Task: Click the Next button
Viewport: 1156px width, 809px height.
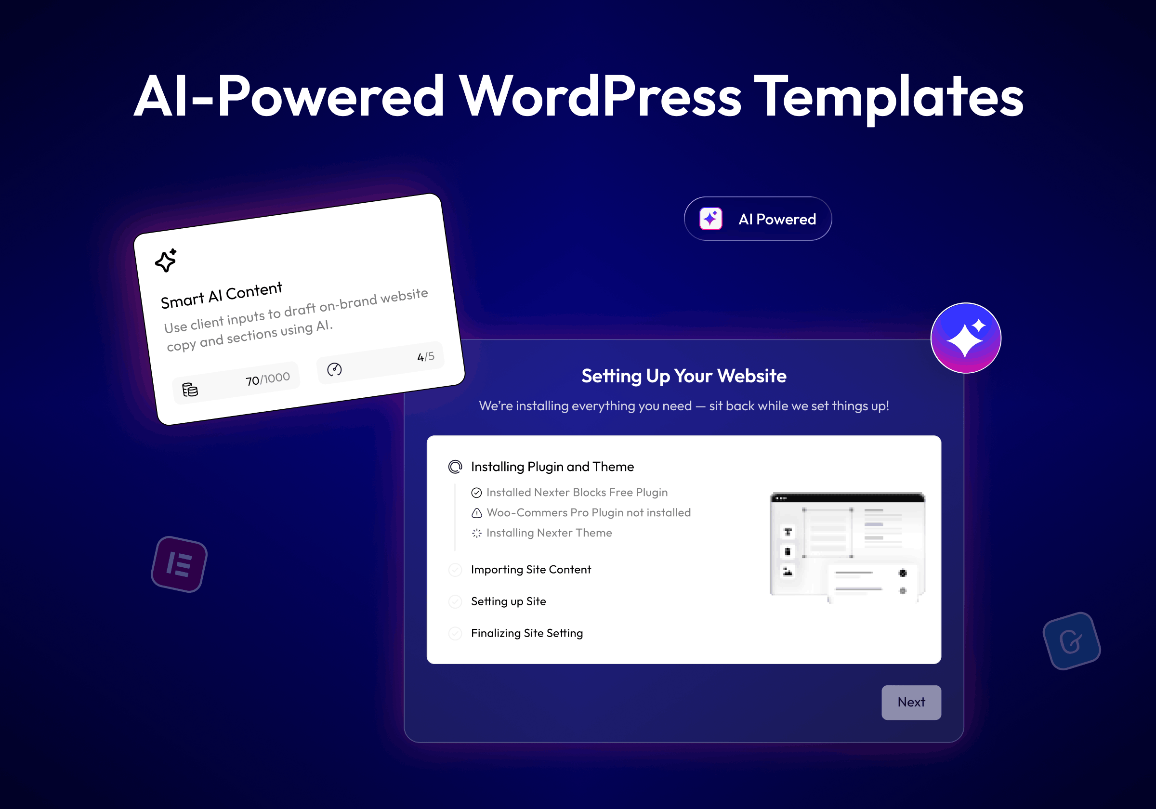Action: coord(911,702)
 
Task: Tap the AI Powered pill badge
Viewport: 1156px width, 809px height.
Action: coord(758,219)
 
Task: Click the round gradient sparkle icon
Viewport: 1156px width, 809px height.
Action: coord(966,338)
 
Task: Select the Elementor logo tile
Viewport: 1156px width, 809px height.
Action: coord(179,564)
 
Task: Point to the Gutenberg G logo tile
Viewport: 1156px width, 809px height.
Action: coord(1071,641)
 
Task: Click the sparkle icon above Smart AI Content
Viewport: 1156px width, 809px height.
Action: coord(166,260)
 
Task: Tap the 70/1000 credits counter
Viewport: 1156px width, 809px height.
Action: coord(267,378)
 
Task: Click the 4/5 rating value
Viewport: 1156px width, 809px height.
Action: coord(425,356)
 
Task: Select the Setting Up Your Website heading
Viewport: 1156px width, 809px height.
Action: coord(684,376)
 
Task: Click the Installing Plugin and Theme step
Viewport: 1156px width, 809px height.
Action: coord(552,467)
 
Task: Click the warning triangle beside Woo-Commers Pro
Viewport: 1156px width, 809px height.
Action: coord(476,513)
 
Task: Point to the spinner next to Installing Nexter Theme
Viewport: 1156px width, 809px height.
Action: coord(476,533)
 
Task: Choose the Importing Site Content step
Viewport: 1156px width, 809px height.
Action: coord(531,569)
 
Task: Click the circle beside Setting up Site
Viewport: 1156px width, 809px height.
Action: coord(455,601)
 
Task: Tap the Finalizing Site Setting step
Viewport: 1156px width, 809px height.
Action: coord(526,633)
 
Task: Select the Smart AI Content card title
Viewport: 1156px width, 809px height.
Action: coord(222,295)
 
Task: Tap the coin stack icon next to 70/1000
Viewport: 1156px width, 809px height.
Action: coord(190,390)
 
